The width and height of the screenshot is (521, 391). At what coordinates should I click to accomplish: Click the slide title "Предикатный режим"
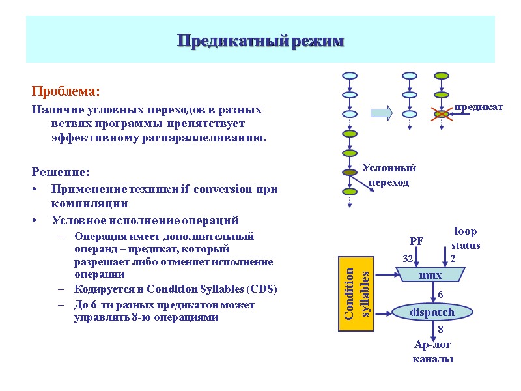[x=260, y=42]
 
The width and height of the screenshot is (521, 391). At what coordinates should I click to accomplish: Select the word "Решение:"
[x=61, y=173]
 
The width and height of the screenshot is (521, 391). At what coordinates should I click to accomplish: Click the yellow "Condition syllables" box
[x=357, y=294]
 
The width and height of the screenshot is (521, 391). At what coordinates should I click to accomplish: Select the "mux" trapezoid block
[x=430, y=276]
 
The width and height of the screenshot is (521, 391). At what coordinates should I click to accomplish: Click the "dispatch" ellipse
[x=432, y=313]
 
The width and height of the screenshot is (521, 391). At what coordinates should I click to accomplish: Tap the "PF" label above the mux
[x=417, y=242]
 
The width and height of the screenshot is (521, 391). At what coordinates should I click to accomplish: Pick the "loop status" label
[x=466, y=239]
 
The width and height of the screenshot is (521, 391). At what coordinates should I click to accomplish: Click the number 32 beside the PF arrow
[x=408, y=259]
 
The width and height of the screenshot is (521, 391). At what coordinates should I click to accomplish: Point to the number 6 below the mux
[x=440, y=295]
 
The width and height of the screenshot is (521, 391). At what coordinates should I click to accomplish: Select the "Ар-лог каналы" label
[x=432, y=352]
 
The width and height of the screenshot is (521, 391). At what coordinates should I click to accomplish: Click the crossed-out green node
[x=442, y=115]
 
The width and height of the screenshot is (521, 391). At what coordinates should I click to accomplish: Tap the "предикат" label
[x=479, y=107]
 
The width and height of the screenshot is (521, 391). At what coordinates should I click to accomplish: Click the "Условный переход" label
[x=389, y=175]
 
